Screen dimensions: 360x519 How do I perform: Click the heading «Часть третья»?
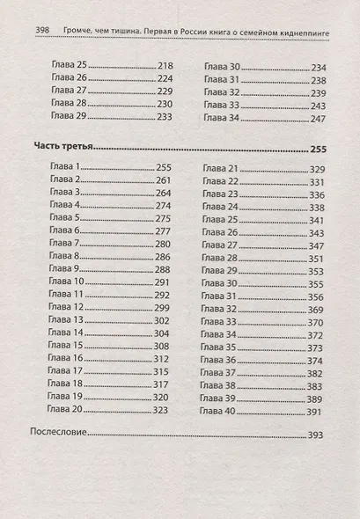click(62, 148)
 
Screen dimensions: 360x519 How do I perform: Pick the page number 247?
click(318, 119)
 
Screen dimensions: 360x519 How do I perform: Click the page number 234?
click(318, 67)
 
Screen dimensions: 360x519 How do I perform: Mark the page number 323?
click(161, 410)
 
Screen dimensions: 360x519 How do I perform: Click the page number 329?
click(318, 168)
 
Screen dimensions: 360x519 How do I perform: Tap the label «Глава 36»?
click(220, 360)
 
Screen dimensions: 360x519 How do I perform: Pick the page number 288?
click(162, 269)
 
